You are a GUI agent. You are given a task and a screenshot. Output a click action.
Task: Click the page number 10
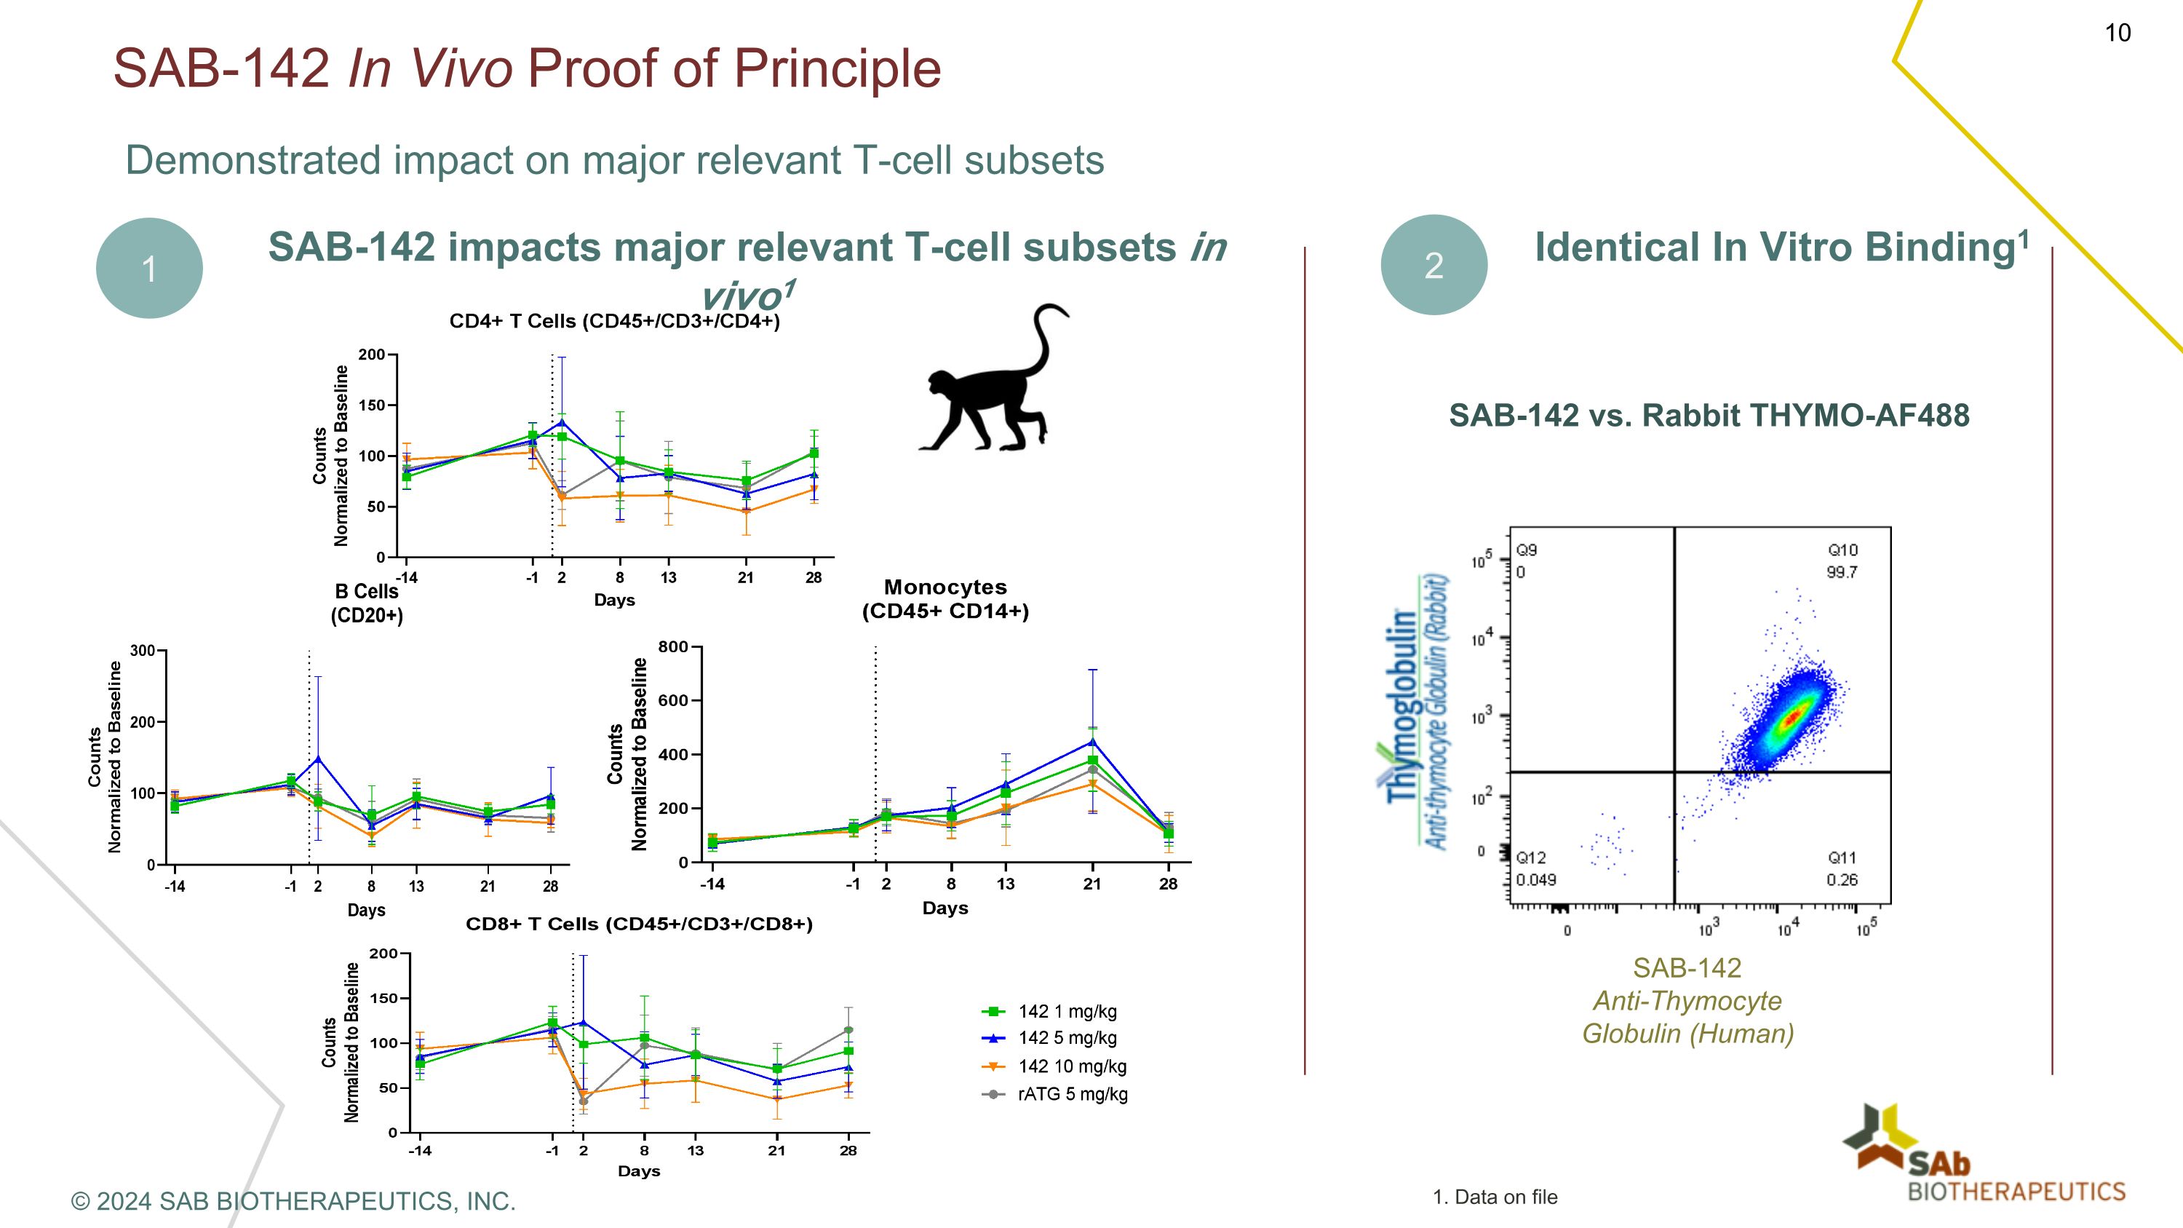coord(2117,33)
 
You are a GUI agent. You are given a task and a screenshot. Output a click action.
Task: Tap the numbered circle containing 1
coord(149,269)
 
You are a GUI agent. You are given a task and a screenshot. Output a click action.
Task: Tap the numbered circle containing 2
coord(1433,265)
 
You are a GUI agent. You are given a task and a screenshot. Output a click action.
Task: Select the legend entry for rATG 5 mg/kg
coord(1072,1094)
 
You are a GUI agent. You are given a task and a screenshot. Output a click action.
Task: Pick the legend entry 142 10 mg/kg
coord(1072,1066)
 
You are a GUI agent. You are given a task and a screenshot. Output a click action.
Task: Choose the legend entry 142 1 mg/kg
coord(1067,1011)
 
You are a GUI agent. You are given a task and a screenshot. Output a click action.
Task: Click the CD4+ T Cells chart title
coord(614,321)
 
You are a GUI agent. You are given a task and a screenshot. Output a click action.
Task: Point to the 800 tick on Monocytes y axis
coord(673,646)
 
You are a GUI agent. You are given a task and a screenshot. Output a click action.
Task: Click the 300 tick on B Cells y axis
coord(143,650)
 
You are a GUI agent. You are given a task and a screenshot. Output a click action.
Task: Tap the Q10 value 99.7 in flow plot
coord(1842,572)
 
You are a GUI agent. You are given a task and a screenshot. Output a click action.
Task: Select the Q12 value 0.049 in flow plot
coord(1535,879)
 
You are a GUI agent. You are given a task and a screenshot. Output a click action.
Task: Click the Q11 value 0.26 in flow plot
coord(1842,879)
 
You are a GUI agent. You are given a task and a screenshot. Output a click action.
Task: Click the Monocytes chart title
coord(945,598)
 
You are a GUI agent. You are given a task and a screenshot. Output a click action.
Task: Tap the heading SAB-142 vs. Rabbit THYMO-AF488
coord(1709,415)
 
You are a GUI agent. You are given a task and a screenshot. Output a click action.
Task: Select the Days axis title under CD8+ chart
coord(638,1170)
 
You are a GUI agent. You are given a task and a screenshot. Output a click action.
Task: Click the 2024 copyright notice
coord(293,1201)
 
